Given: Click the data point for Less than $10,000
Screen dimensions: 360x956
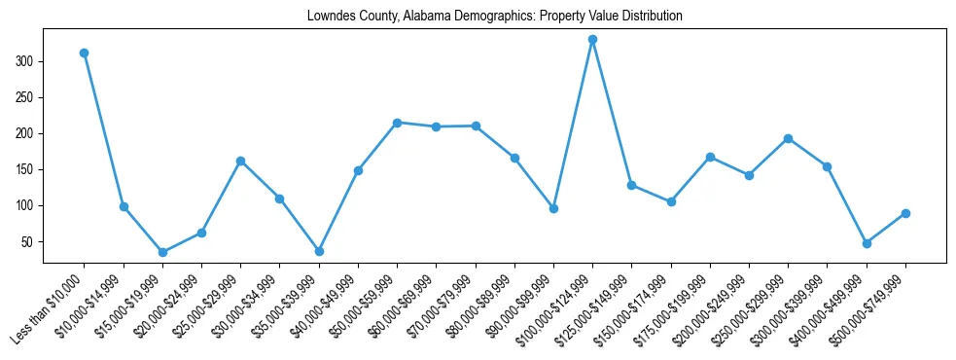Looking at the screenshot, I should (x=85, y=53).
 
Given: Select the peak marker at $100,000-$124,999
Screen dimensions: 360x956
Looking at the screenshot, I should (x=592, y=40).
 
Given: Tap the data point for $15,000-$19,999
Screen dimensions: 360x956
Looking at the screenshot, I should (x=162, y=252).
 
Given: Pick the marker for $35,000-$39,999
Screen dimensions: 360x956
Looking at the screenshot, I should (x=319, y=251).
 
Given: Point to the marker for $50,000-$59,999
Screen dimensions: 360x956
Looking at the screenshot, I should (x=397, y=123).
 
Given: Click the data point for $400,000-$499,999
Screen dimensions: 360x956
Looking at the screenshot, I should (x=867, y=243).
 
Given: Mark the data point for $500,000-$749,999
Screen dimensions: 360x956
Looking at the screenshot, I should (x=905, y=213).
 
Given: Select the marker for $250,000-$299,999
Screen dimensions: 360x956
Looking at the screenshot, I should (x=788, y=138).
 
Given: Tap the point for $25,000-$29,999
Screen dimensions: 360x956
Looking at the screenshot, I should (x=240, y=161).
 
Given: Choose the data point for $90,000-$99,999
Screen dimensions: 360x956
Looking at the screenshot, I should (x=553, y=208).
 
